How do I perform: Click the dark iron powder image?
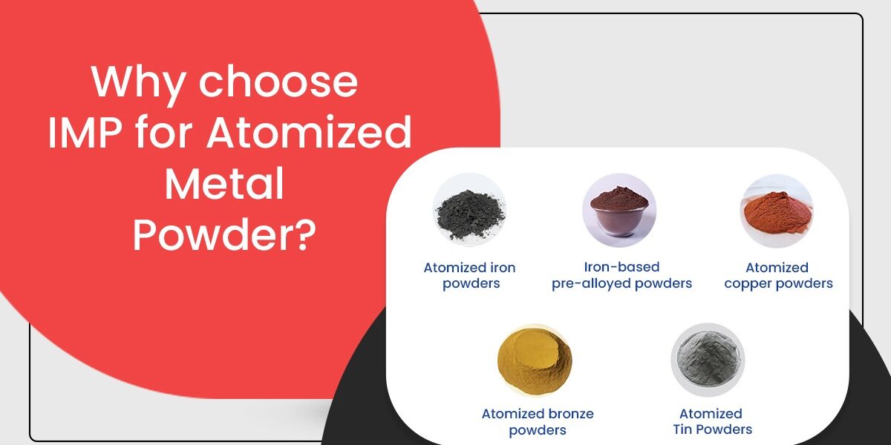coord(469,210)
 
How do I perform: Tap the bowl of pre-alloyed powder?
coord(619,210)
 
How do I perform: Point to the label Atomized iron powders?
coord(469,275)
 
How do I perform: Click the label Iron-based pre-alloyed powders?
coord(621,274)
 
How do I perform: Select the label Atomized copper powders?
coord(778,275)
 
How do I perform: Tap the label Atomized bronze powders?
coord(538,422)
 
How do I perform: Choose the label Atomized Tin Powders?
coord(711,421)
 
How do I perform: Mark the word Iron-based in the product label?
coord(621,267)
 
